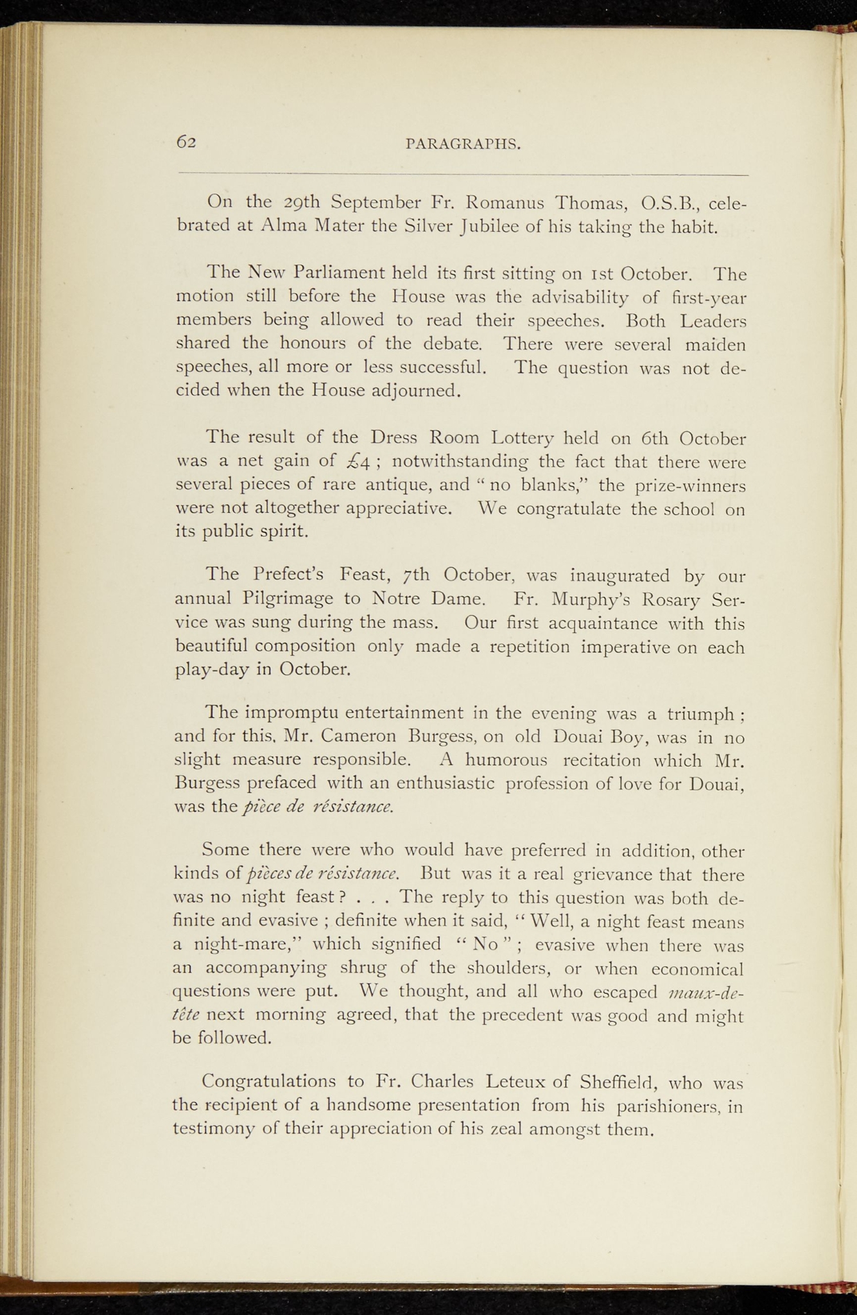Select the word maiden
[715, 345]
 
